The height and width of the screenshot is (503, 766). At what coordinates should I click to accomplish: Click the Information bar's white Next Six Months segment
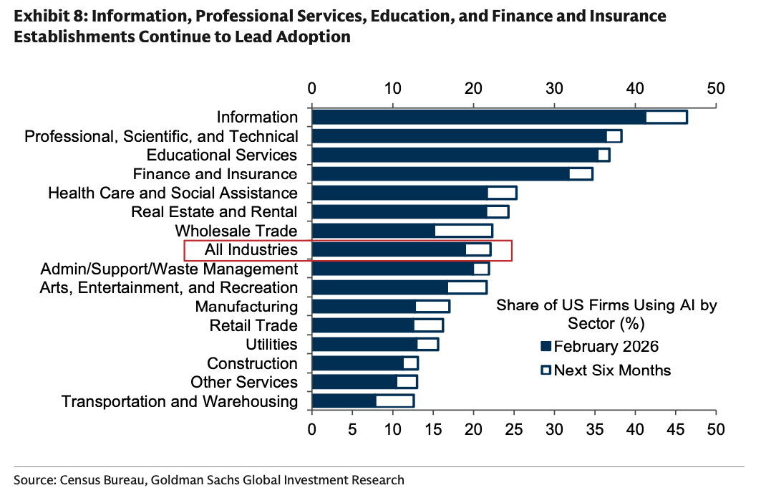pyautogui.click(x=666, y=118)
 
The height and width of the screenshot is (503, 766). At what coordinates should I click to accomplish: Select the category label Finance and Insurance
pyautogui.click(x=215, y=174)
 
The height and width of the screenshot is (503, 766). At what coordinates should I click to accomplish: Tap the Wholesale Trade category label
pyautogui.click(x=236, y=231)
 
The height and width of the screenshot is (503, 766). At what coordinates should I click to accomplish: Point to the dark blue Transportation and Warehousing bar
pyautogui.click(x=344, y=401)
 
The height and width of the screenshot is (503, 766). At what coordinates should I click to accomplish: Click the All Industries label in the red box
pyautogui.click(x=251, y=249)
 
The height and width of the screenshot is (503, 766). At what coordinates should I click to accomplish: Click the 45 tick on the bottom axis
pyautogui.click(x=676, y=430)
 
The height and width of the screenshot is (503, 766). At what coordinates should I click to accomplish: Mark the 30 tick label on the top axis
pyautogui.click(x=554, y=89)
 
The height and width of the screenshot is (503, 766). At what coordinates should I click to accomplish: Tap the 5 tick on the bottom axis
pyautogui.click(x=352, y=430)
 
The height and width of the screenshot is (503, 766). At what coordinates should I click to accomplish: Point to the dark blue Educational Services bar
pyautogui.click(x=455, y=155)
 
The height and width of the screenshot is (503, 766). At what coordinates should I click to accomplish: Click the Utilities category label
pyautogui.click(x=271, y=345)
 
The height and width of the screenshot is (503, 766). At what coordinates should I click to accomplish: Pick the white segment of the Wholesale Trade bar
pyautogui.click(x=463, y=231)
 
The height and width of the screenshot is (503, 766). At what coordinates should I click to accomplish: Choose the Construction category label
pyautogui.click(x=252, y=363)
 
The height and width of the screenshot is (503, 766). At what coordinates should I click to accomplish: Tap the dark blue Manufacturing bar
pyautogui.click(x=364, y=307)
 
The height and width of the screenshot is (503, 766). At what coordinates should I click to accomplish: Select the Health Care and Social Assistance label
pyautogui.click(x=173, y=193)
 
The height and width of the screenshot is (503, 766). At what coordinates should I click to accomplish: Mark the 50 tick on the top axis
pyautogui.click(x=716, y=89)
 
